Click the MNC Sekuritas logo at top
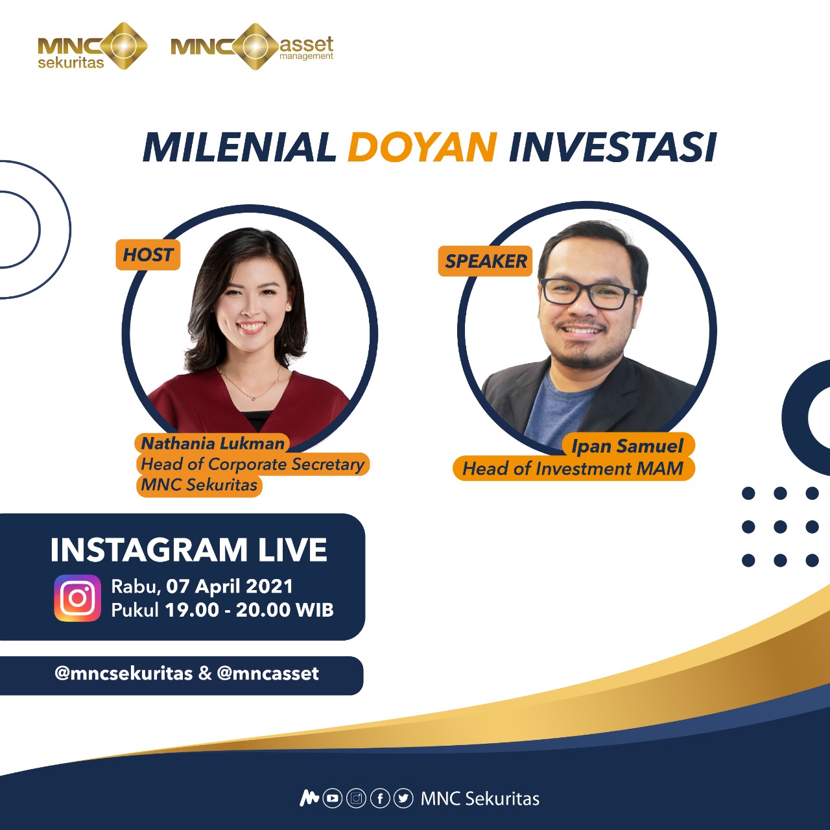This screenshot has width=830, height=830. [x=93, y=46]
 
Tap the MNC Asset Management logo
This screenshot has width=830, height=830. [x=252, y=47]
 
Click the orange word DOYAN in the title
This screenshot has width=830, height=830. [x=422, y=147]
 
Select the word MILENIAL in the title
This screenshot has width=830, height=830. [x=239, y=147]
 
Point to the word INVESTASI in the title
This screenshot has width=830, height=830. [x=613, y=147]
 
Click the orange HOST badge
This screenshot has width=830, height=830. [x=148, y=255]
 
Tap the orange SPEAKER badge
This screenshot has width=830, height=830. [x=486, y=261]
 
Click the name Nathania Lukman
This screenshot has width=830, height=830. [x=213, y=444]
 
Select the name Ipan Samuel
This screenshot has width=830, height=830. [x=627, y=445]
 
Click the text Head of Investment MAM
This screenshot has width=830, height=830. [x=573, y=468]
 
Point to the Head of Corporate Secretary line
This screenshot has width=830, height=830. [x=253, y=464]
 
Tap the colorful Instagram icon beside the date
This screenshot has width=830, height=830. [x=78, y=598]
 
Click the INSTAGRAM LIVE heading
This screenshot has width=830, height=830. [x=189, y=550]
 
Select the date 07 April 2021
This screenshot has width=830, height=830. [x=230, y=586]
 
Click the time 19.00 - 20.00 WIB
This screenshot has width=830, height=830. [x=250, y=610]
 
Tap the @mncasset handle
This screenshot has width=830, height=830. [x=268, y=673]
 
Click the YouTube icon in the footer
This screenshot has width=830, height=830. [x=333, y=799]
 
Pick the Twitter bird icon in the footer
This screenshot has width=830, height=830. [x=403, y=799]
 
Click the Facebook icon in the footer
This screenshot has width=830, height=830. [x=380, y=799]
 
